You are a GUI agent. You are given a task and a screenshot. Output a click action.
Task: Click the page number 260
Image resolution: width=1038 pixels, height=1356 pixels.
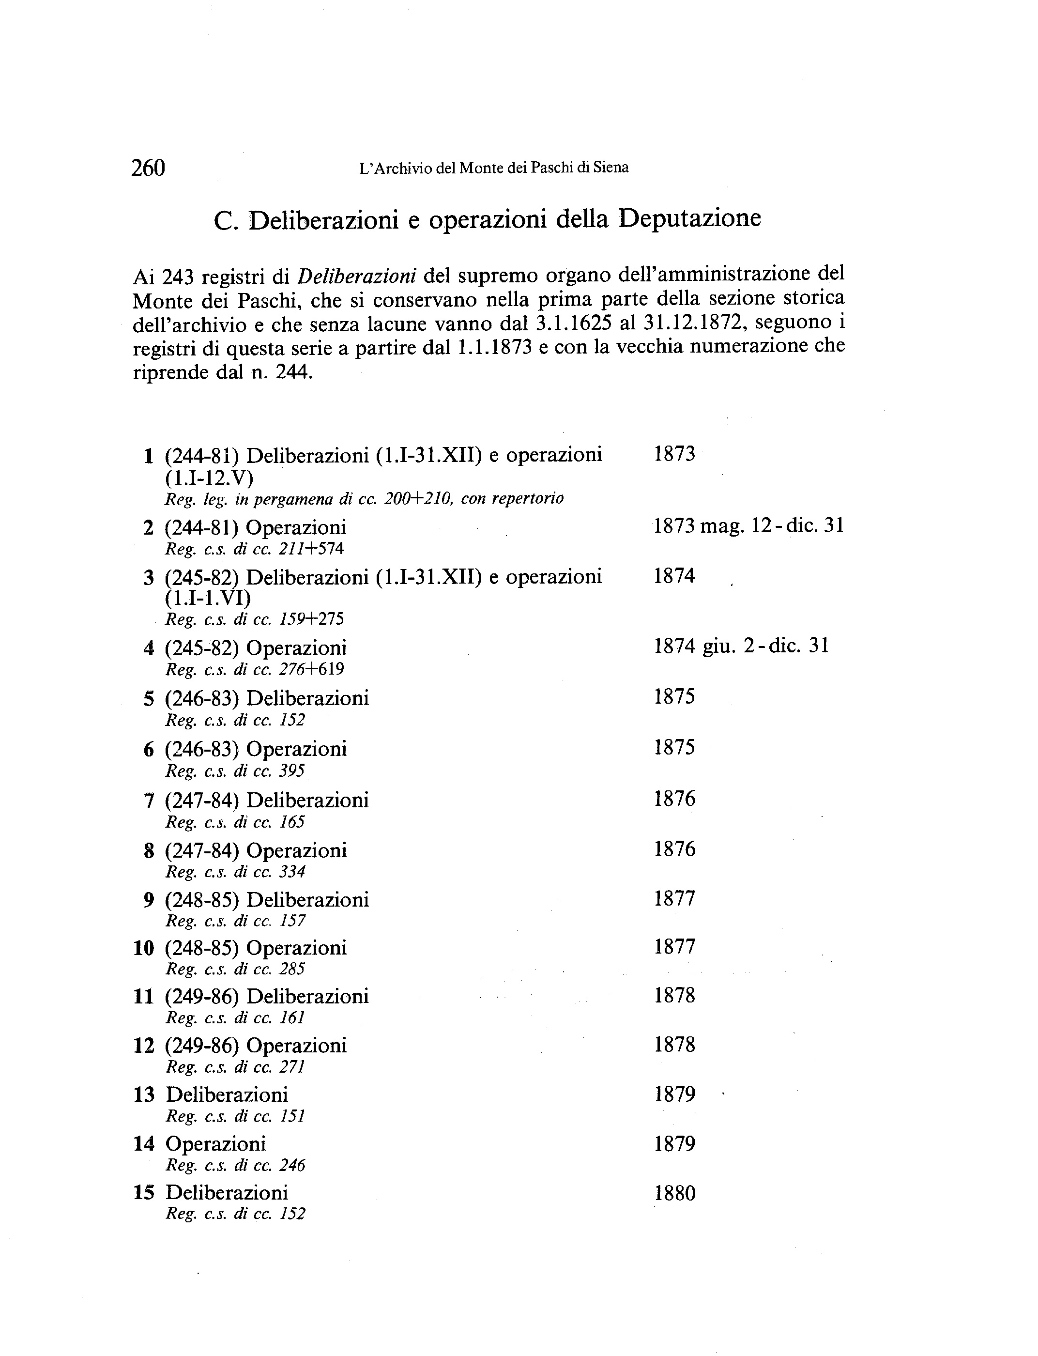tap(148, 168)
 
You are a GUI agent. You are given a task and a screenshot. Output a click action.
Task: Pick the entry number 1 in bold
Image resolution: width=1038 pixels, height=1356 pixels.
tap(148, 456)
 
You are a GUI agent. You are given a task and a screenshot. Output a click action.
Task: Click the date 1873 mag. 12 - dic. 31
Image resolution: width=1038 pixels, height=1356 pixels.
tap(748, 526)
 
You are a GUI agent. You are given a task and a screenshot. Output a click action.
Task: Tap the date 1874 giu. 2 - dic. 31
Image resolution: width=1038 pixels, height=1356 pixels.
tap(741, 646)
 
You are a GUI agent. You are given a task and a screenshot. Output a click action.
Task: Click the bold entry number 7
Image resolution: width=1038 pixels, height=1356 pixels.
tap(148, 801)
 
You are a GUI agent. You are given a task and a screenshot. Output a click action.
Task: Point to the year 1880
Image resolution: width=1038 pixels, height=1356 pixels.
tap(675, 1193)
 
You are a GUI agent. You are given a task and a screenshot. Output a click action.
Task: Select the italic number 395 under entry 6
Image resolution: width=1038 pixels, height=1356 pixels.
tap(292, 771)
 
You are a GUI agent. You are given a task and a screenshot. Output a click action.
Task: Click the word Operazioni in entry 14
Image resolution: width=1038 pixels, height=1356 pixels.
tap(215, 1144)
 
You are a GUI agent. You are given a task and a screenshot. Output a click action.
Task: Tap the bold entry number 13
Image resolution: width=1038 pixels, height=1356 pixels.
tap(143, 1095)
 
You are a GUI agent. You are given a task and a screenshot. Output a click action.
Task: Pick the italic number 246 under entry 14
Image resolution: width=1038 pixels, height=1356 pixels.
tap(292, 1166)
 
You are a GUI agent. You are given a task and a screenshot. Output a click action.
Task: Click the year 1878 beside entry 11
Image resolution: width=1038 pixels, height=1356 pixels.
tap(675, 996)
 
